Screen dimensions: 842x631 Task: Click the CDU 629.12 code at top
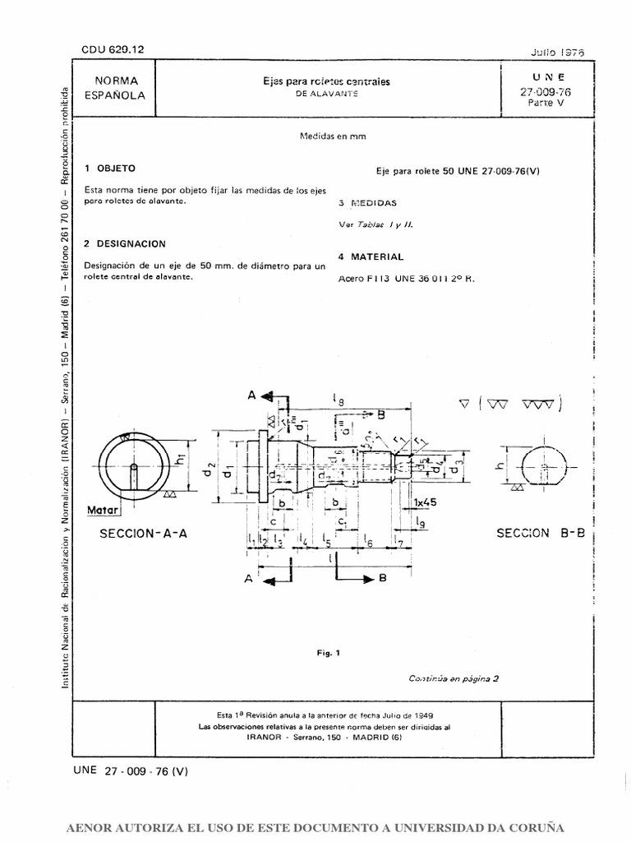(x=113, y=50)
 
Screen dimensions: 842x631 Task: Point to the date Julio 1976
(x=558, y=51)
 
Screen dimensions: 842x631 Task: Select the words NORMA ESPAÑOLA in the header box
(x=115, y=88)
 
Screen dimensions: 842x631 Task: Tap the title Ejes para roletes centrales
(x=326, y=81)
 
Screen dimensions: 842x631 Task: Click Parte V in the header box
(x=545, y=104)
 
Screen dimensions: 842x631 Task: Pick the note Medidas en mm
(x=332, y=138)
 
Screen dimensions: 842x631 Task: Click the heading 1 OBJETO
(x=110, y=168)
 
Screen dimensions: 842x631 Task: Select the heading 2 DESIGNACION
(x=125, y=244)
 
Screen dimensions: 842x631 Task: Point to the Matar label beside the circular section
(x=104, y=511)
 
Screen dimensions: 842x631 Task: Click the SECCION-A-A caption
(x=144, y=533)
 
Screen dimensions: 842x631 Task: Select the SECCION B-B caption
(x=540, y=533)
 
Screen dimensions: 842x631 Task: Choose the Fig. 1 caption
(x=328, y=653)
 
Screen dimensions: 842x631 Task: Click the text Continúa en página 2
(x=454, y=679)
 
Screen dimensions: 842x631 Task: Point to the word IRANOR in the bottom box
(x=264, y=738)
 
